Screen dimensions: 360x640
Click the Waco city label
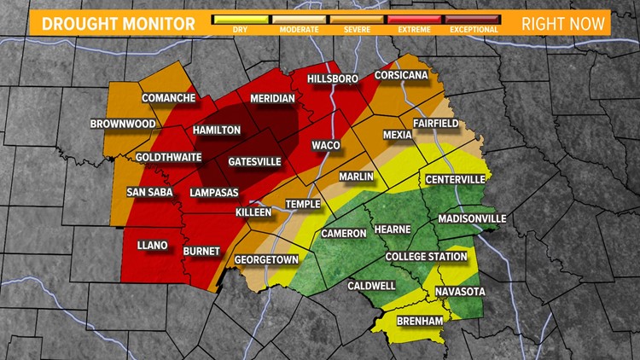(326, 145)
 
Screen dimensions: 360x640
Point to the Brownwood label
(123, 125)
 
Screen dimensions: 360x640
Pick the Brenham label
(420, 320)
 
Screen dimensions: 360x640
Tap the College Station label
(427, 257)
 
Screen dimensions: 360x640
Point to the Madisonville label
(471, 219)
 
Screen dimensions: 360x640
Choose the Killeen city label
(253, 212)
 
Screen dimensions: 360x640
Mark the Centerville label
(455, 179)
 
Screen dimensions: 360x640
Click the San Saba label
(150, 192)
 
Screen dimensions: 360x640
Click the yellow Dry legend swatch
(240, 17)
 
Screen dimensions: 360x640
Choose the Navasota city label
(459, 292)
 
